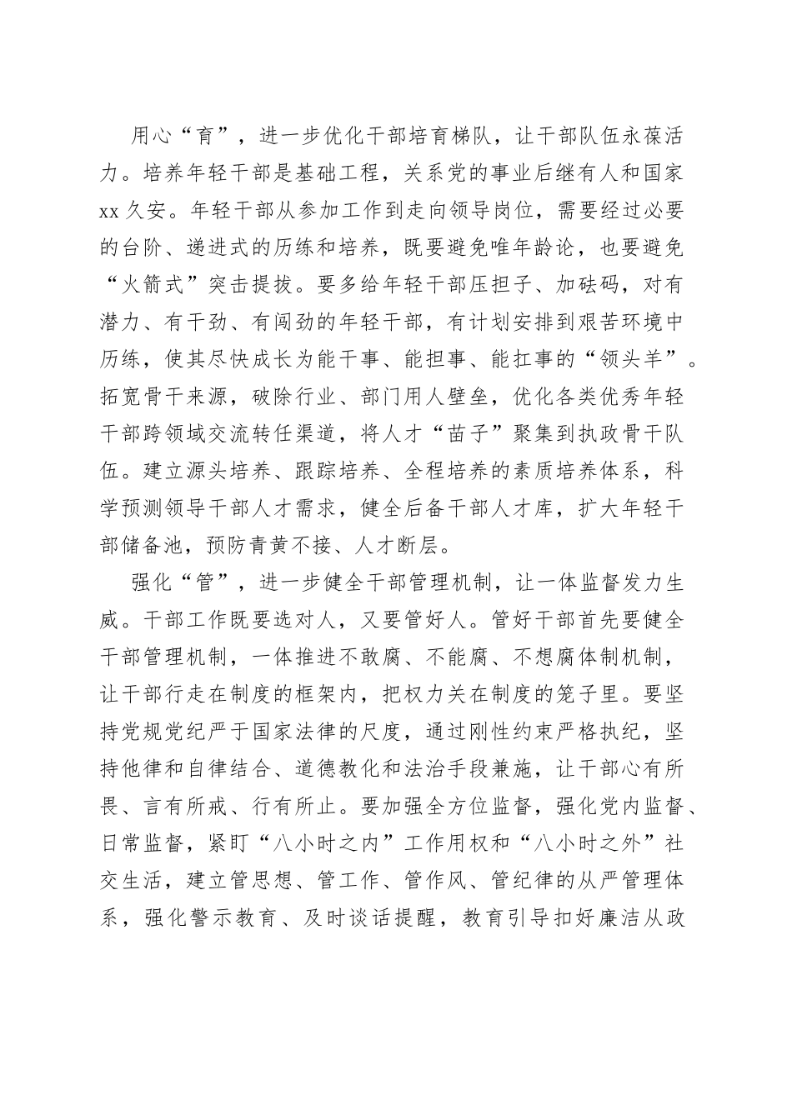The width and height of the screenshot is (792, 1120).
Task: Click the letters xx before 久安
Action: pyautogui.click(x=111, y=211)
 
